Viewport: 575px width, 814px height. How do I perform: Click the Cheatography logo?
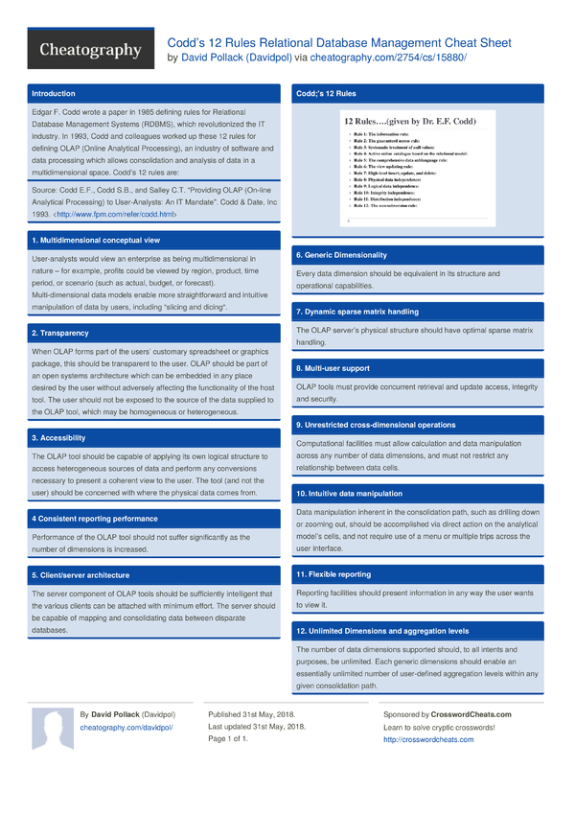point(91,50)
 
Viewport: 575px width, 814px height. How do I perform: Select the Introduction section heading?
point(54,94)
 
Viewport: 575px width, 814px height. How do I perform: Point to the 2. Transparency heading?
point(60,333)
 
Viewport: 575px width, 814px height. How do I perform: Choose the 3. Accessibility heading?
point(60,438)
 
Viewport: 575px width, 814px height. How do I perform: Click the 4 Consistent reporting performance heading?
point(95,519)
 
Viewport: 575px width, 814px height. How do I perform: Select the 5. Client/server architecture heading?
point(80,575)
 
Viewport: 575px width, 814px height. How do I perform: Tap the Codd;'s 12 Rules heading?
point(327,94)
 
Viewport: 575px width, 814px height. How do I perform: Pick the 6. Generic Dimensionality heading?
point(341,255)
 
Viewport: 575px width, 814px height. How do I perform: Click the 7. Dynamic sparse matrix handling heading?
point(357,312)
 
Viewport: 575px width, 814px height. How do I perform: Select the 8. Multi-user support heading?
point(333,368)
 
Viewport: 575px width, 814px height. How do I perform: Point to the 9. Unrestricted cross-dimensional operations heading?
point(376,425)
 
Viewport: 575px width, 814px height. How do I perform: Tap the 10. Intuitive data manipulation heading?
point(350,494)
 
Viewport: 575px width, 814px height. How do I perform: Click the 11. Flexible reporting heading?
point(333,574)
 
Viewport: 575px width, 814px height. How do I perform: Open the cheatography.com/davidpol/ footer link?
point(126,728)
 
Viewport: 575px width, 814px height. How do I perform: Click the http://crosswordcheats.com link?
point(428,740)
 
